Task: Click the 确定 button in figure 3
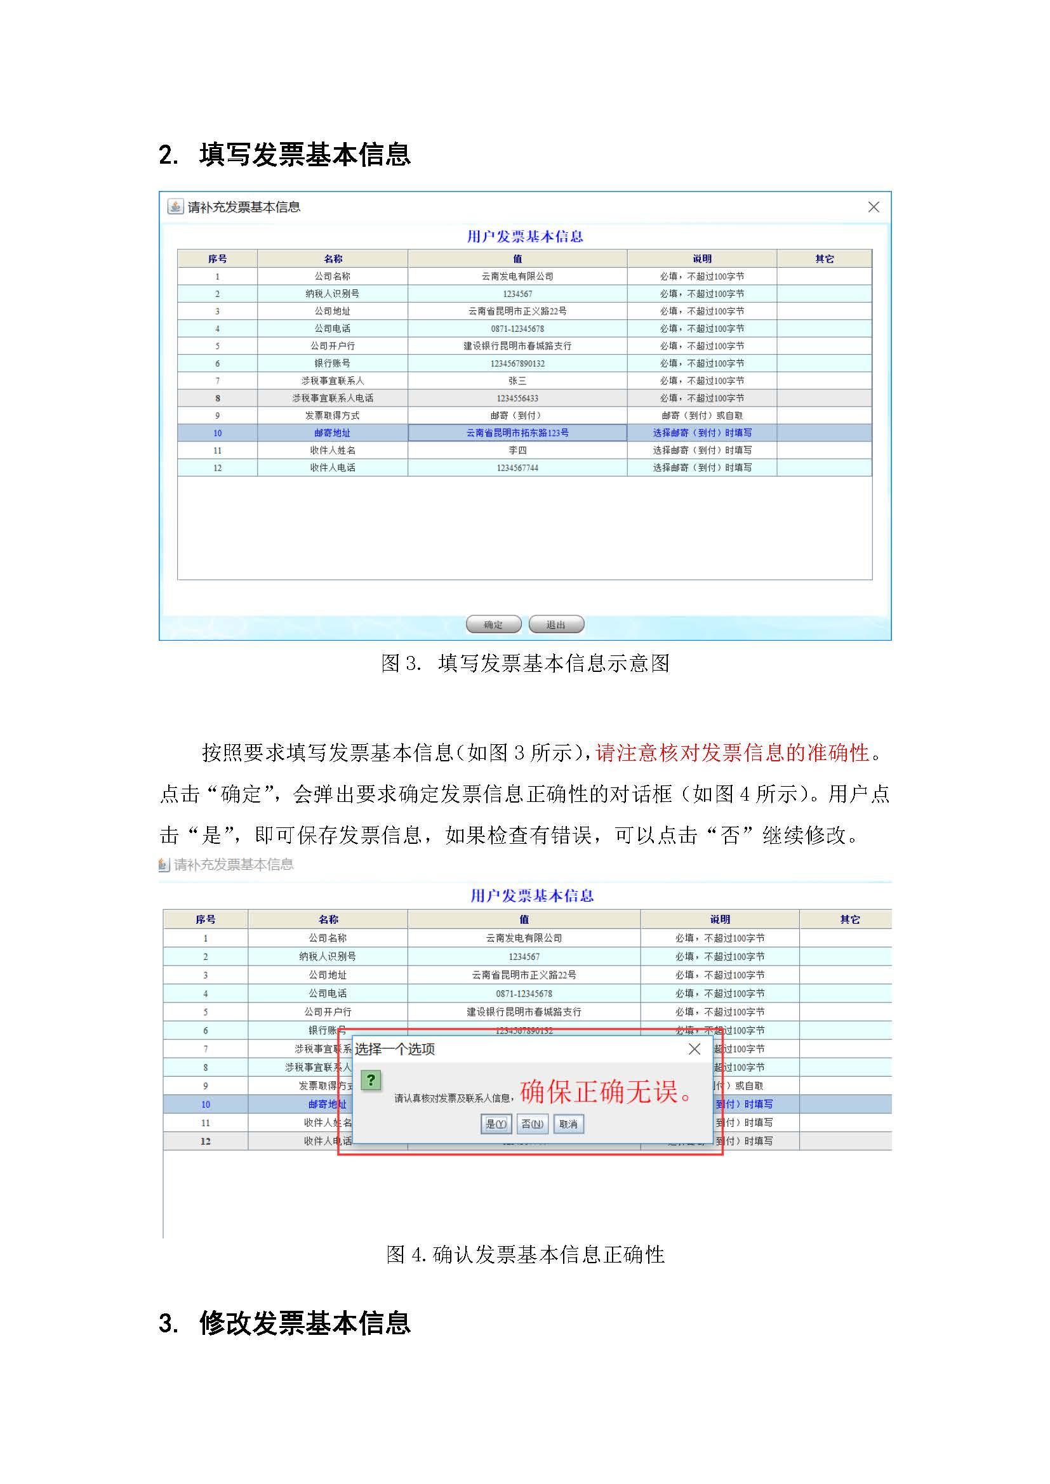pos(493,624)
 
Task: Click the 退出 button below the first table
pos(556,624)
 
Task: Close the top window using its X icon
pos(874,207)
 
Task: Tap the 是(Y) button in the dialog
pos(496,1124)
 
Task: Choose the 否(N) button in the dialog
pos(532,1124)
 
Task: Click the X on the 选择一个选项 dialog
pos(694,1049)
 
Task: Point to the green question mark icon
pos(371,1080)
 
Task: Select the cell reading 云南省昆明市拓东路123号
pos(517,433)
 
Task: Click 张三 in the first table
pos(517,381)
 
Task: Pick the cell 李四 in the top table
pos(517,450)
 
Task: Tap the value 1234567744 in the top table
pos(517,468)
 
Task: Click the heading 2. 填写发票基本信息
pos(284,155)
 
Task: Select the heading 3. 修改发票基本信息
pos(284,1323)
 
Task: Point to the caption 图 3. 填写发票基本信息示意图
pos(525,663)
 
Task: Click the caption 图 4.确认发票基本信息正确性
pos(525,1254)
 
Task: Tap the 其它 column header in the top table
pos(825,258)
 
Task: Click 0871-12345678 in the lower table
pos(524,994)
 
